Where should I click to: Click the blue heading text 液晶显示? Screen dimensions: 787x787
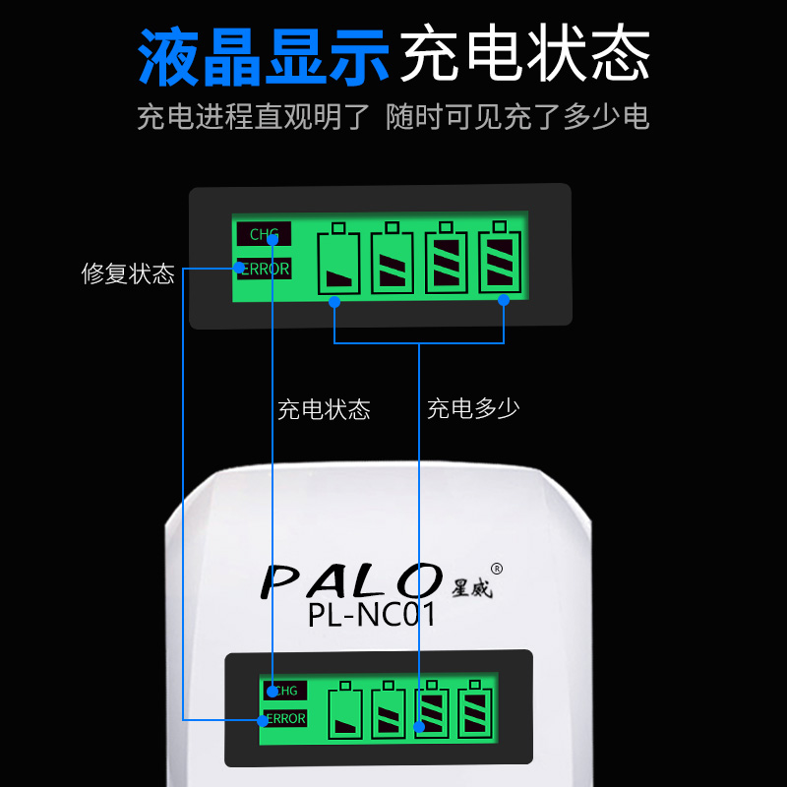[x=264, y=55]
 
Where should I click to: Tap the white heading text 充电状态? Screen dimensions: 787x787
[x=524, y=55]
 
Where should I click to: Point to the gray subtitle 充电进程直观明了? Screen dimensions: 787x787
[x=253, y=117]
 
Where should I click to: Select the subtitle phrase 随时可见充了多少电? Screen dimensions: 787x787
[x=518, y=117]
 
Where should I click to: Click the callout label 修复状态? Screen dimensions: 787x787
[x=128, y=273]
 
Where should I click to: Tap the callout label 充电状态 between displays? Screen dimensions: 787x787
[x=324, y=409]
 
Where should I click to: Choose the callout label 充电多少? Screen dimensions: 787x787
[x=473, y=409]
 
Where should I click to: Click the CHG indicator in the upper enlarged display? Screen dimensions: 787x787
[x=264, y=234]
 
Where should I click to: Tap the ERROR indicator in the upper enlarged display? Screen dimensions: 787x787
[x=264, y=268]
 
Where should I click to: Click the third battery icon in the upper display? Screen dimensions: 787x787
[x=447, y=259]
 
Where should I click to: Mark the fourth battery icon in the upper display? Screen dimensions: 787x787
[x=500, y=259]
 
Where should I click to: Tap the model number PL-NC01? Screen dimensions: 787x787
[x=371, y=616]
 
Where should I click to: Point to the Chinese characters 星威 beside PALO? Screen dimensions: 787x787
[x=471, y=587]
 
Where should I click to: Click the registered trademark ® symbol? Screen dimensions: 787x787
[x=497, y=569]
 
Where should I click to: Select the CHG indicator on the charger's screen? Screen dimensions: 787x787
[x=286, y=691]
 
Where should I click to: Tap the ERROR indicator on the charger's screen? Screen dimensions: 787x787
[x=286, y=719]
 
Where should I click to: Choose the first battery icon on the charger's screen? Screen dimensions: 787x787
[x=344, y=710]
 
